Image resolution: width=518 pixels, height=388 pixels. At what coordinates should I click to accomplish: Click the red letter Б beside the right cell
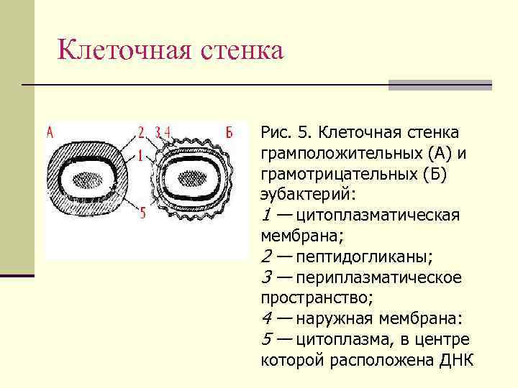point(228,131)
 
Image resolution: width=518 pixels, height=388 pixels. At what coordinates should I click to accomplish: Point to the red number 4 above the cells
point(167,131)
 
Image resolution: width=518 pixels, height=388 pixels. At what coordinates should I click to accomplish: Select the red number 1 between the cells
point(140,155)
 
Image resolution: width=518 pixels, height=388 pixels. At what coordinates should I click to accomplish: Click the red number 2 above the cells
point(141,131)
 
